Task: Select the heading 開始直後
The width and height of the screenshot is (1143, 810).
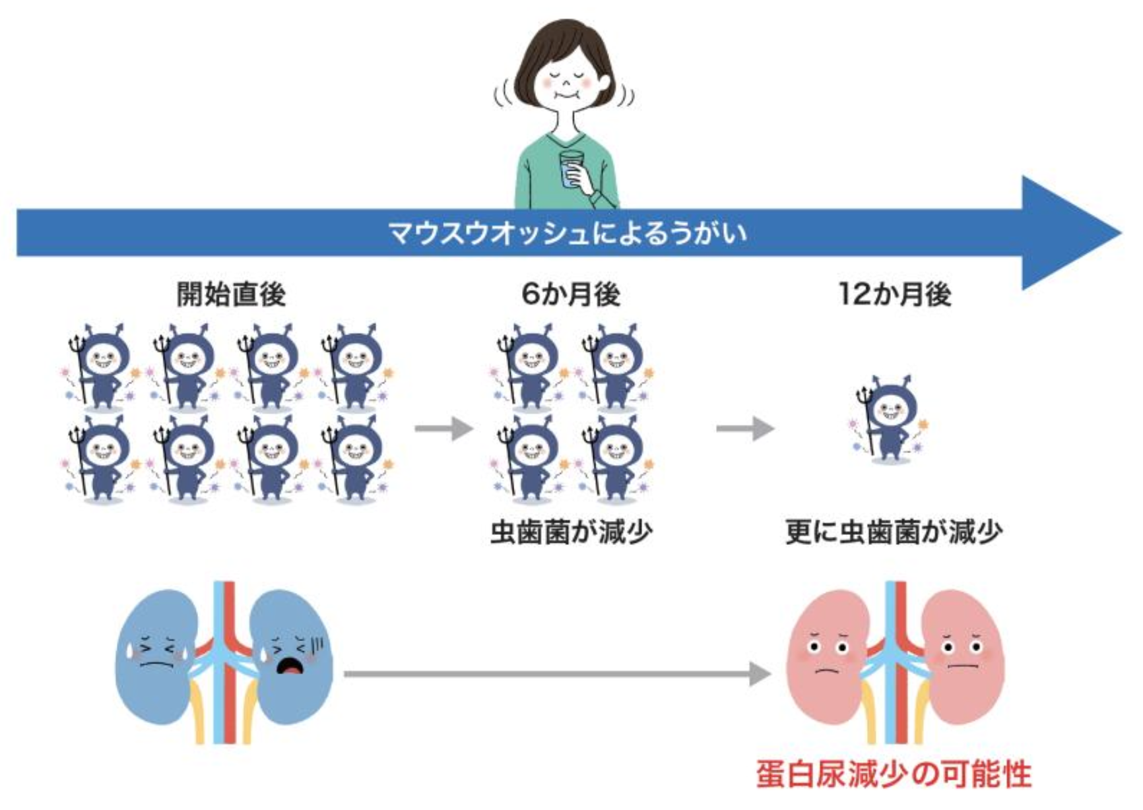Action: (231, 294)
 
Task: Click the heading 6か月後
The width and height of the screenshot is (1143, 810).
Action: (571, 294)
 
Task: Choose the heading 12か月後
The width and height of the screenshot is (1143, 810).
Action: (894, 294)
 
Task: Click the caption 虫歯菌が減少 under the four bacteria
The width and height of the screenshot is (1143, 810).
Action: (571, 532)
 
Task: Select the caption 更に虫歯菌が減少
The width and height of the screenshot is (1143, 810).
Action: (894, 532)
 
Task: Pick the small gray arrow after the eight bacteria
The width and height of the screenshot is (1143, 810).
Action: (443, 429)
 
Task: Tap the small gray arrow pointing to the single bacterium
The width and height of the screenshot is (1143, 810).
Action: (745, 429)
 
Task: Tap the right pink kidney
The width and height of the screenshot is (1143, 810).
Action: (963, 660)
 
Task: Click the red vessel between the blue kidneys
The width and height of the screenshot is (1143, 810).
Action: (229, 660)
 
